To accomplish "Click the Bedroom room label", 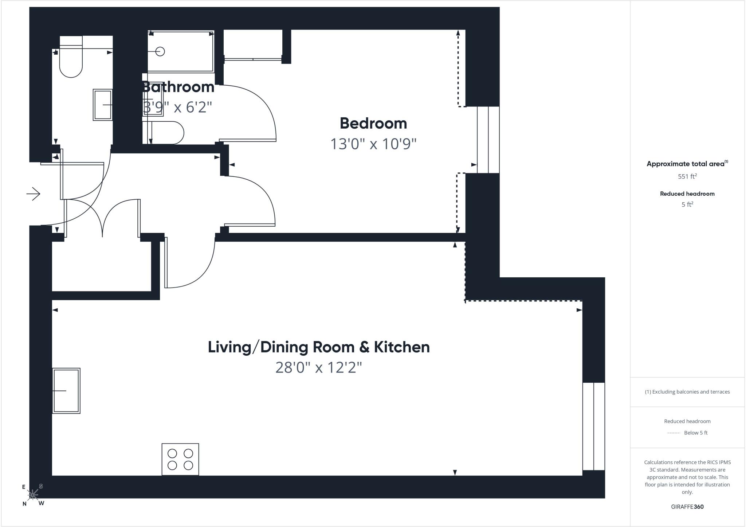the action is [x=373, y=124].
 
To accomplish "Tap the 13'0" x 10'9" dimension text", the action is [x=373, y=144].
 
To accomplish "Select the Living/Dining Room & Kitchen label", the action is [x=319, y=347].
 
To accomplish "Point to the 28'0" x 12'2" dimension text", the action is [x=319, y=367].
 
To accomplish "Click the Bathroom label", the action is [x=178, y=87].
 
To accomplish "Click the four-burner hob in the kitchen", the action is [x=180, y=459].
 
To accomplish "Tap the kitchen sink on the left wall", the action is [x=66, y=391].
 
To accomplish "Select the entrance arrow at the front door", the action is [x=33, y=194].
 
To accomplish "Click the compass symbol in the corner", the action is [x=33, y=495].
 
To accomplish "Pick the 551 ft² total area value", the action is [x=687, y=176].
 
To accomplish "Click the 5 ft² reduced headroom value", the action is [x=687, y=204].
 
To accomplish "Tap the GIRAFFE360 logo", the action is [x=687, y=507].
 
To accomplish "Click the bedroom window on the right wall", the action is [x=488, y=140].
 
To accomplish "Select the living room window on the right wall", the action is [x=594, y=426].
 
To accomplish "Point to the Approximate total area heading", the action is [x=687, y=164].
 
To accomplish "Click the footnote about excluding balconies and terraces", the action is [x=687, y=392].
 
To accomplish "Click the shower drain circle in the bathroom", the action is [x=160, y=51].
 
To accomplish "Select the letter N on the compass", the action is [x=24, y=504].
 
